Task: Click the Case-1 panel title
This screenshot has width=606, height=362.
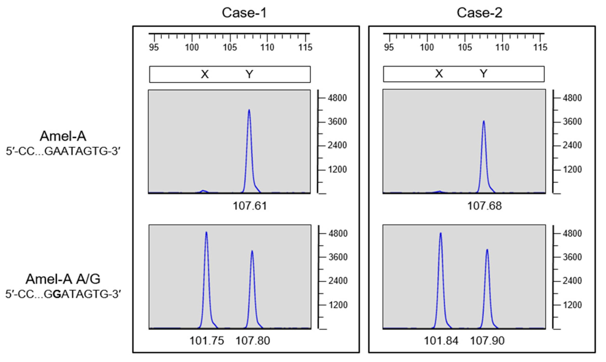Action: [244, 13]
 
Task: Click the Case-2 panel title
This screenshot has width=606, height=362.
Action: [479, 13]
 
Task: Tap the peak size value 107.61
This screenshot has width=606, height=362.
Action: [250, 206]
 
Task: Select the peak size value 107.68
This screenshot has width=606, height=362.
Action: [484, 206]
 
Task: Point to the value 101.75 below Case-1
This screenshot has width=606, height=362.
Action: [207, 341]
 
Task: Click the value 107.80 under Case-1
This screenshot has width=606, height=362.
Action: [253, 341]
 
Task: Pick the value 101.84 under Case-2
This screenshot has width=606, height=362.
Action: [441, 341]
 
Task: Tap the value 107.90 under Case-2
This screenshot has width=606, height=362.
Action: [487, 341]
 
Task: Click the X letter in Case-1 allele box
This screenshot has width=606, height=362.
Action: [205, 75]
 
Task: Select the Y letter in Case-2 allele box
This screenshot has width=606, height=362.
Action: [483, 74]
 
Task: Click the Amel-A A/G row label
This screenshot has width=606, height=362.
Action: [63, 279]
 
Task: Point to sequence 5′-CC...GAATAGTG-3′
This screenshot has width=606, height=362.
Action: [63, 151]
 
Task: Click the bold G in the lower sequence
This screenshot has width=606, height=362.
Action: [57, 294]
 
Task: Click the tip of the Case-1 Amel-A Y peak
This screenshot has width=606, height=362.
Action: [249, 110]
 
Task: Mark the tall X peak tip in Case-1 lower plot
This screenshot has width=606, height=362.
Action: [206, 233]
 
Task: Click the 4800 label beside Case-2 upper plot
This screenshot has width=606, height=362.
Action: [572, 98]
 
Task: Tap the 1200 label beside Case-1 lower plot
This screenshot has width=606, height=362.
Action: [338, 305]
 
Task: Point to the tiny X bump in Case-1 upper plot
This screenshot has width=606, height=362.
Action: [203, 191]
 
